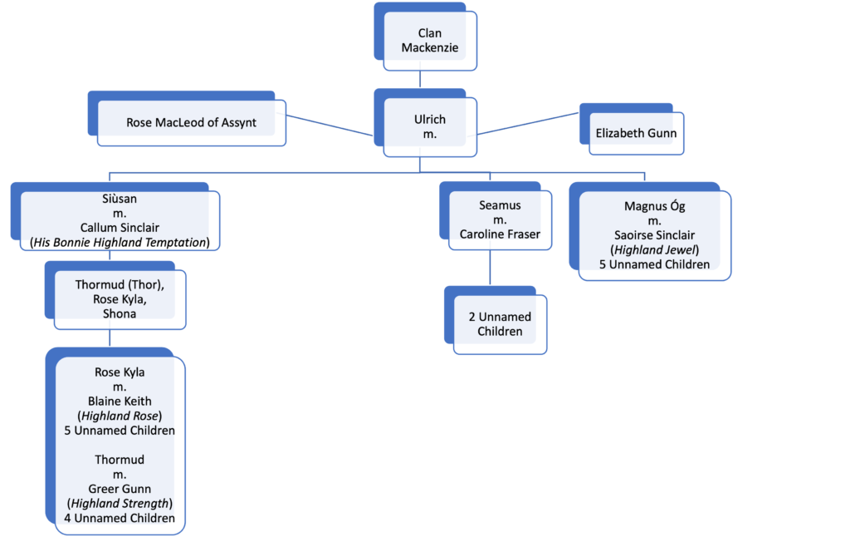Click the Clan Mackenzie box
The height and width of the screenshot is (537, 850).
[426, 37]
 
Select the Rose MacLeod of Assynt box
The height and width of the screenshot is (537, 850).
[187, 119]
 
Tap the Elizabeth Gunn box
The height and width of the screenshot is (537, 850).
[632, 129]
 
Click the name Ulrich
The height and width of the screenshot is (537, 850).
[430, 120]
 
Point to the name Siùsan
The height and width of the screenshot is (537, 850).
[120, 199]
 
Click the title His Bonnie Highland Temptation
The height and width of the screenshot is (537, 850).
[120, 242]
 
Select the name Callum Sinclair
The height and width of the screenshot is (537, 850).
[120, 228]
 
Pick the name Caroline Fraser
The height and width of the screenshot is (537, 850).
[500, 234]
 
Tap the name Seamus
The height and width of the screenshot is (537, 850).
[500, 205]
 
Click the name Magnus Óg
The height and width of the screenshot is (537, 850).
[654, 206]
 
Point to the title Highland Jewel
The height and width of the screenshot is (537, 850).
[654, 249]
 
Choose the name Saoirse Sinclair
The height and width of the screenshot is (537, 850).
[654, 235]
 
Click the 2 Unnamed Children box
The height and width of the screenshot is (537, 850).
[496, 320]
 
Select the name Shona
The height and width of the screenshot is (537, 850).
[120, 313]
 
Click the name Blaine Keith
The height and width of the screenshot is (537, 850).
[120, 402]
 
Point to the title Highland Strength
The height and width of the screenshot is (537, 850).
[120, 504]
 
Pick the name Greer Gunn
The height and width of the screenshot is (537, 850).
[120, 489]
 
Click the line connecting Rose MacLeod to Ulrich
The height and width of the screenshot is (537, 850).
[330, 125]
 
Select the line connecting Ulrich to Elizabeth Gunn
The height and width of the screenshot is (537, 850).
[528, 124]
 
